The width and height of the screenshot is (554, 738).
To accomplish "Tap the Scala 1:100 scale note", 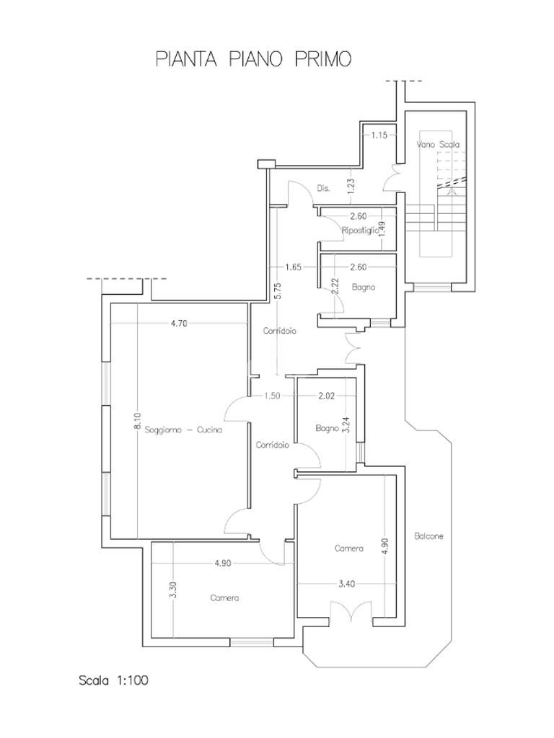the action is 113,680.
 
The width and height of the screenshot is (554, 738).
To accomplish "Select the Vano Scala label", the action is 438,144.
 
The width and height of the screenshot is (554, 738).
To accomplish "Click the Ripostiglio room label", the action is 360,230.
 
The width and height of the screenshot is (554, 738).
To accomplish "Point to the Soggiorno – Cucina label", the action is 183,430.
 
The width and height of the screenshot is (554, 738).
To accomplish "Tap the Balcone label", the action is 428,535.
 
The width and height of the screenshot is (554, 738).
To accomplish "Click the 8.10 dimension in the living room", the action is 136,421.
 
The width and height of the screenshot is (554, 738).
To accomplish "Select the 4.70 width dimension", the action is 179,324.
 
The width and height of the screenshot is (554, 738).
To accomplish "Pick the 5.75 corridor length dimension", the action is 278,291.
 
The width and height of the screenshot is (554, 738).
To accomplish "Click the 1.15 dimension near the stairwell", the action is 379,135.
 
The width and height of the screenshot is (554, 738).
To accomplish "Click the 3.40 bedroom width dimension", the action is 347,584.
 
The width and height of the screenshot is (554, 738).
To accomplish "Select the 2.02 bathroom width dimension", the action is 327,396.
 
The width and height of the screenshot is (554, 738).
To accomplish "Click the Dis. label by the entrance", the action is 323,188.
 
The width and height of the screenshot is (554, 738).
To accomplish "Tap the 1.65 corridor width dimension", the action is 293,267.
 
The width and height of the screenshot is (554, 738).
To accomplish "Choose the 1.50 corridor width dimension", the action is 272,396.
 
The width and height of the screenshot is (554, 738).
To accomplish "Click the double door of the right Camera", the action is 351,611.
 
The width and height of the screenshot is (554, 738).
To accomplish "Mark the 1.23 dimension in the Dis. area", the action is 351,187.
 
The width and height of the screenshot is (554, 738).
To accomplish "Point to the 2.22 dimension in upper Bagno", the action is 335,286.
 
